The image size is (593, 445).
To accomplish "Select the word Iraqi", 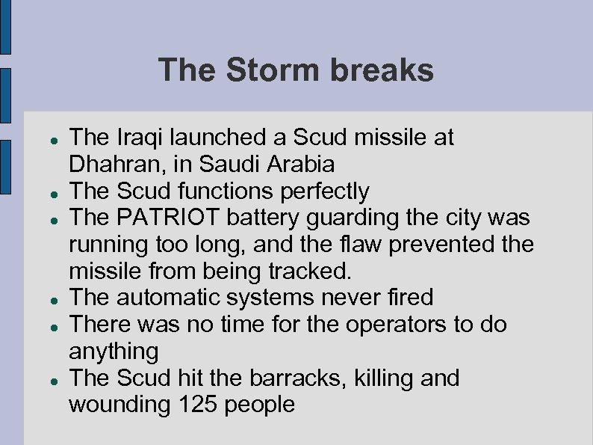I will tap(139, 138).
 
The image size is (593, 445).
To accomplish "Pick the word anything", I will tap(114, 351).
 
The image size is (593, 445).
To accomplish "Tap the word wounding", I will tap(119, 405).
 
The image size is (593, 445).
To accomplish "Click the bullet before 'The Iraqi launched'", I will tap(46, 140).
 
